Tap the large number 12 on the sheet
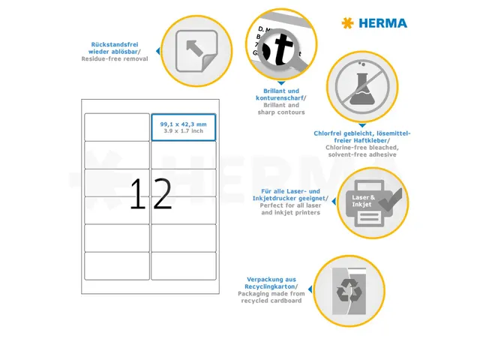(x=151, y=194)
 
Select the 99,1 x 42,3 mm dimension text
(x=184, y=123)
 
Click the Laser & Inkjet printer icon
(x=373, y=202)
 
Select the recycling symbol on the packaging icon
(x=349, y=288)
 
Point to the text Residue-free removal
(x=115, y=58)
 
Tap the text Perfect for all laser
(x=291, y=205)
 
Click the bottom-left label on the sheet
(x=117, y=265)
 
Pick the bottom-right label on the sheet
(x=184, y=265)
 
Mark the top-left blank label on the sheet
(x=117, y=127)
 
